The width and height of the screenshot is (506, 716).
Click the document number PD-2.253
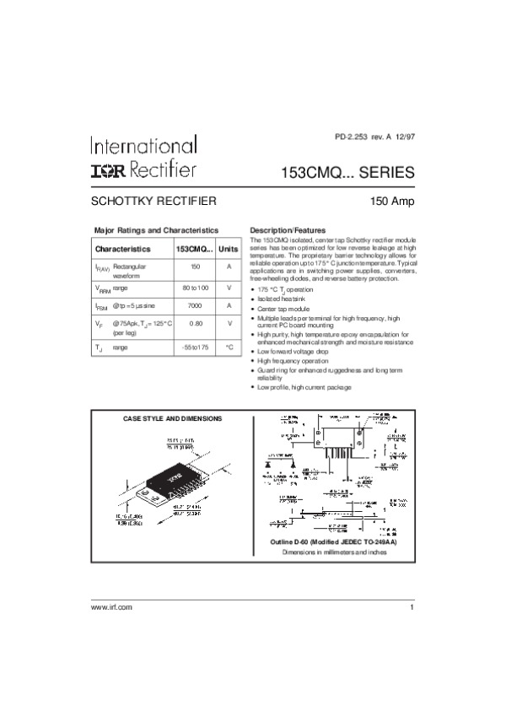(x=352, y=137)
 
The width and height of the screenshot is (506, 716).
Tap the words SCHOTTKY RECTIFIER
(x=154, y=202)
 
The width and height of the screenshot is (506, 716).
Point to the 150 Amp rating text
(x=392, y=202)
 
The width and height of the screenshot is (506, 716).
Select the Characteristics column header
(x=123, y=250)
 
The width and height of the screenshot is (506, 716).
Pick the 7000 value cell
(x=195, y=305)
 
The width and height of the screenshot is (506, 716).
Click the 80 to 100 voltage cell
(x=195, y=288)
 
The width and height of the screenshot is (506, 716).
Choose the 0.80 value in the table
(x=195, y=323)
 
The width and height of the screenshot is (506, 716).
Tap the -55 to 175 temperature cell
(x=195, y=347)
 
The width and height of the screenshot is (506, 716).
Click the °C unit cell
(x=229, y=347)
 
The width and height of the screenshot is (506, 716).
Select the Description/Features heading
(x=288, y=230)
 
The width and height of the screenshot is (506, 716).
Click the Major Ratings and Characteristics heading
(x=156, y=230)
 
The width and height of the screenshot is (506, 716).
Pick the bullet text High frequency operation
(x=292, y=360)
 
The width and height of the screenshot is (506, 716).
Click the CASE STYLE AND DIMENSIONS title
(x=173, y=418)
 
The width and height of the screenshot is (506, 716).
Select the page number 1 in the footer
(x=412, y=608)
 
